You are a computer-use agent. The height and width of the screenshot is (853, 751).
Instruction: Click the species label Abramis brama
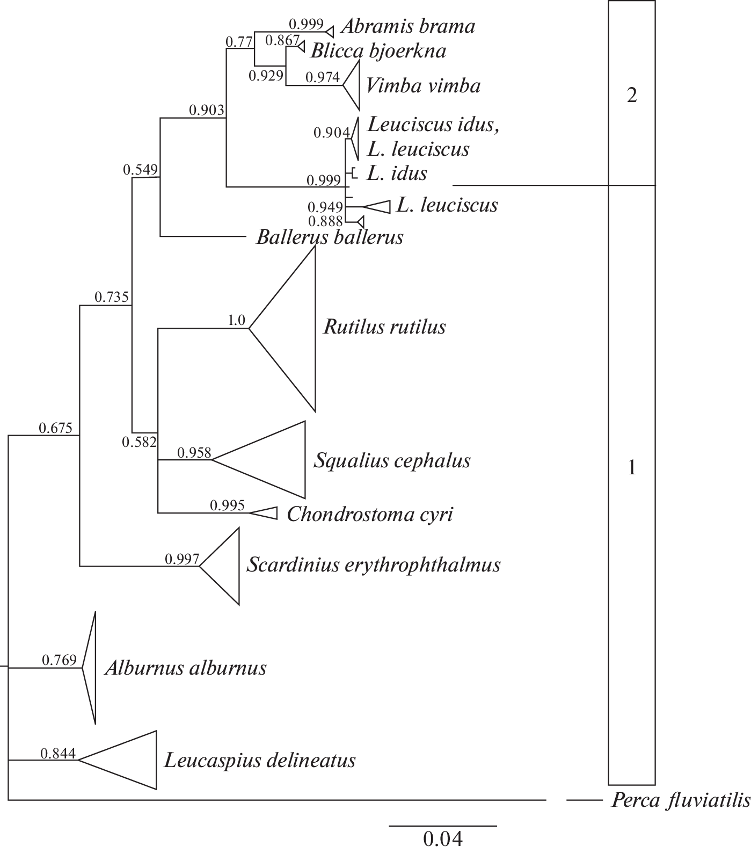408,26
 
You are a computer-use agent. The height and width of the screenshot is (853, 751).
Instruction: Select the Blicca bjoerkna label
378,50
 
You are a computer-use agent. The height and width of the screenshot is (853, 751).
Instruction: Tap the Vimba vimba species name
423,85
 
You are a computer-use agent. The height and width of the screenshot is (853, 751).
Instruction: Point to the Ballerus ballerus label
330,237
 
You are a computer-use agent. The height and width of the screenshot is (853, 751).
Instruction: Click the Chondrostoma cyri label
370,514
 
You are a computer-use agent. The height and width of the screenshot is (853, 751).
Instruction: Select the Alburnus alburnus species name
186,668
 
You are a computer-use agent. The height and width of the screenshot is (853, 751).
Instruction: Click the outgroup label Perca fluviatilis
681,801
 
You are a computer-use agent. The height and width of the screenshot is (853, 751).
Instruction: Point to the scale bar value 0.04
443,838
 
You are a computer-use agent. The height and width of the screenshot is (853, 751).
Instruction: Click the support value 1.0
236,321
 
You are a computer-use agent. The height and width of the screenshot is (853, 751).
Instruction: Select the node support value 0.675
55,428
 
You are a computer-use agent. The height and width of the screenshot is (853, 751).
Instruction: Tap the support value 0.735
112,297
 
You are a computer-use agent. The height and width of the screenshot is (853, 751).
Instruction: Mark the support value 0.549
140,170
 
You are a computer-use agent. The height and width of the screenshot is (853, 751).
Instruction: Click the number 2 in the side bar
632,96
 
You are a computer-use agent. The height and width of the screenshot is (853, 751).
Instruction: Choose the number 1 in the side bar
632,468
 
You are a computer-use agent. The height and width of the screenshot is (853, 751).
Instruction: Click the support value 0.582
139,442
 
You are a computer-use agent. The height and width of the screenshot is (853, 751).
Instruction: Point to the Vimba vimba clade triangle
352,84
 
